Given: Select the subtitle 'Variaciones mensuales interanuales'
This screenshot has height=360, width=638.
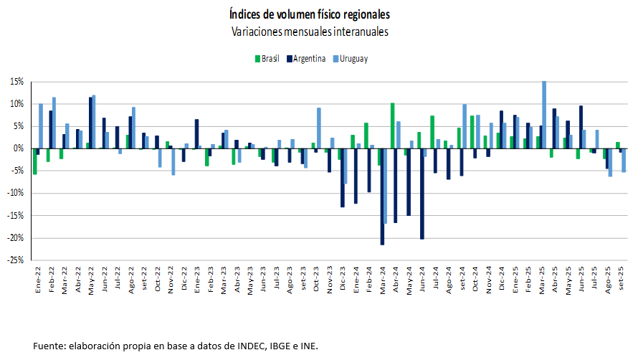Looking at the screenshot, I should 310,32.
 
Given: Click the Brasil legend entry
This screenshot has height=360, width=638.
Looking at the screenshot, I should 266,59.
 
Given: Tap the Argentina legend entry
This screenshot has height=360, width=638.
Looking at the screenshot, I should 305,59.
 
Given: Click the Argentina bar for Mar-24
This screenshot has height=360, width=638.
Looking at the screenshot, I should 382,196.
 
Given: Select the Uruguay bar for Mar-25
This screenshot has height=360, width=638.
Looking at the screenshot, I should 544,115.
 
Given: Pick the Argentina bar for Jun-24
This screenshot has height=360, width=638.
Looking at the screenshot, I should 422,194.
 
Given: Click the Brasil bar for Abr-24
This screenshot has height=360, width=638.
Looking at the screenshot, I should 392,125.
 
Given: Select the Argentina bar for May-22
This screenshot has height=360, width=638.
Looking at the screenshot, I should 90,123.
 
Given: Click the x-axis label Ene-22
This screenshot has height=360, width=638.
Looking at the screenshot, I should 37,282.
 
